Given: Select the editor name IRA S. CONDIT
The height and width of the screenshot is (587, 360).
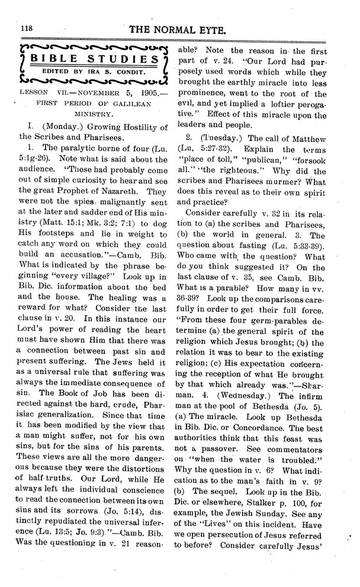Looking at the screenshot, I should point(115,71).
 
